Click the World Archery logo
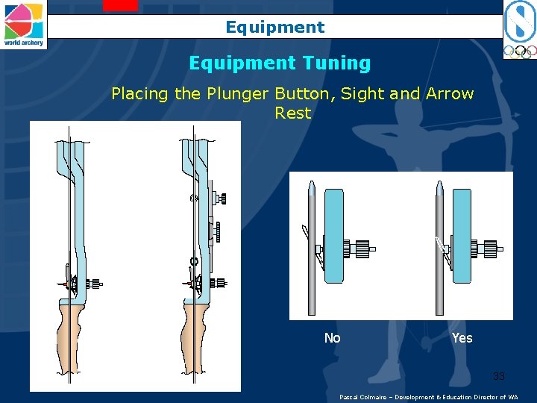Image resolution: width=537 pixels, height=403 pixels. (24, 24)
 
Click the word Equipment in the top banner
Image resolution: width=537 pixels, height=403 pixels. (275, 28)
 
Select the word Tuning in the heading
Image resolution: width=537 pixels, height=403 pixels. (340, 63)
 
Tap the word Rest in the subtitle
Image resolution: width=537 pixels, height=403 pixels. (292, 113)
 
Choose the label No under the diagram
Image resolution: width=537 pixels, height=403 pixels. (333, 338)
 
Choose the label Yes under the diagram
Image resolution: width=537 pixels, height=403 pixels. (462, 338)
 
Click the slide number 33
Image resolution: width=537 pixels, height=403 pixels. (498, 376)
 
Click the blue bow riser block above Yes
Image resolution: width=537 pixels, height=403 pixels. (462, 236)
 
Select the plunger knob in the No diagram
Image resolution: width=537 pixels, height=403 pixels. (362, 249)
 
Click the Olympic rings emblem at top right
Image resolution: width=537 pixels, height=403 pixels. (518, 52)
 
